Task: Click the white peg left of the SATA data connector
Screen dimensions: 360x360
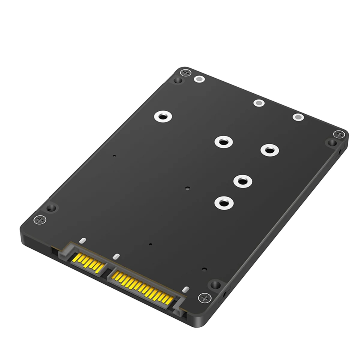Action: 82,240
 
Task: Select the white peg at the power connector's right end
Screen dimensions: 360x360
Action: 186,289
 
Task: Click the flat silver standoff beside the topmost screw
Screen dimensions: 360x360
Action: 199,79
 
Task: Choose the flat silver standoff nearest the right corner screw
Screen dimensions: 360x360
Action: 298,118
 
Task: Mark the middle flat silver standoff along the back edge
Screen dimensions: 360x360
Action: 259,103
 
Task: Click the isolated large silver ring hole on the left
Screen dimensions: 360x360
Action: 163,117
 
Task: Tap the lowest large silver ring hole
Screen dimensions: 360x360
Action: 223,203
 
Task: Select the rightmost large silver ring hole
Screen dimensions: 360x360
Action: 269,150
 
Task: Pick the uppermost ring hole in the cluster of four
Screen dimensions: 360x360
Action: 223,141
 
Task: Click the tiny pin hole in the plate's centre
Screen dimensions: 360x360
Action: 187,189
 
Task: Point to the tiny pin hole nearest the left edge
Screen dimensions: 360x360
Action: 114,156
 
